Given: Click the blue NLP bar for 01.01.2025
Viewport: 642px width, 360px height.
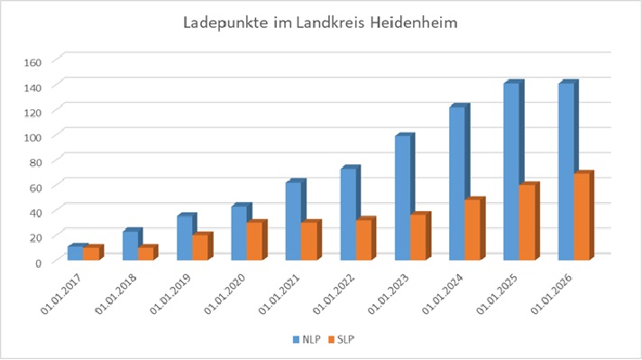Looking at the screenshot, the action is [x=511, y=171].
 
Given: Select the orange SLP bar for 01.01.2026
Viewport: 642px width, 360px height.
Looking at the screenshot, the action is [x=582, y=217].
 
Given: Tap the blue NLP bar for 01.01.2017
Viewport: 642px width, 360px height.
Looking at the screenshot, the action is [x=76, y=253].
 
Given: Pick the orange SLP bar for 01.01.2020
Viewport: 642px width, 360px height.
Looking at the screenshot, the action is [x=254, y=241].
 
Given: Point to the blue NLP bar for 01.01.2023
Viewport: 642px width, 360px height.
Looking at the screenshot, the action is [x=403, y=198].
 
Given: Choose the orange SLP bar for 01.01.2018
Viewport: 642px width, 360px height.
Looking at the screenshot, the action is [x=146, y=254].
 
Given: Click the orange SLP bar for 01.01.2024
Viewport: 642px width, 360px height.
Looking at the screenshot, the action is [x=472, y=229].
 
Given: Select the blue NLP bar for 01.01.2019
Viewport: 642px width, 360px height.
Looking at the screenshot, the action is [x=185, y=238].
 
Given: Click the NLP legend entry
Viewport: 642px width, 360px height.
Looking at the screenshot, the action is [x=307, y=339].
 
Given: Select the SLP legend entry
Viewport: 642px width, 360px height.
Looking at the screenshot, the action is [x=342, y=339].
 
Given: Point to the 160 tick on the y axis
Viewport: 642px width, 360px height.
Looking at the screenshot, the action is [x=33, y=62].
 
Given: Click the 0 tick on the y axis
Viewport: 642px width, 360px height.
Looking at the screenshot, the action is [x=38, y=263].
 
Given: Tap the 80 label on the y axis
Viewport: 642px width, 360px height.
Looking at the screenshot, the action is [x=36, y=163].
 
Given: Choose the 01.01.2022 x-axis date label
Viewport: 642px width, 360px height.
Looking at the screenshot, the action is [x=334, y=293].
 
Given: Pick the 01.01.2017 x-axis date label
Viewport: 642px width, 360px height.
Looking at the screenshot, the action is [x=61, y=293].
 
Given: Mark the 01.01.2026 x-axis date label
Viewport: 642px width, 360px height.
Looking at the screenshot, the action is [x=552, y=293].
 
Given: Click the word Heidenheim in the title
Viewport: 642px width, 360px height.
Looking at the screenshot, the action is [x=414, y=23].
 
